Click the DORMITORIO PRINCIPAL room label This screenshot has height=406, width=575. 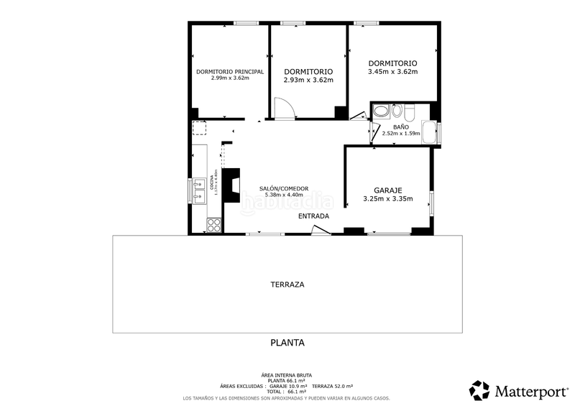coord(230,72)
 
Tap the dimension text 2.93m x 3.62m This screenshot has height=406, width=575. coord(308,80)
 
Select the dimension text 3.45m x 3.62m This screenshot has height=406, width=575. coord(392,71)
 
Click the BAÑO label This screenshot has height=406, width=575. coord(391,126)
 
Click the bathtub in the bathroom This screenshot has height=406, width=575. coord(429,133)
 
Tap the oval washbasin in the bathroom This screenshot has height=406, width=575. coord(397,111)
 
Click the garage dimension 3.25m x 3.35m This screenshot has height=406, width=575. coord(388,199)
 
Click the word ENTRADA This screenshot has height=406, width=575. coord(313,216)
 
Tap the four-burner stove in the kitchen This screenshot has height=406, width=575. coord(213,225)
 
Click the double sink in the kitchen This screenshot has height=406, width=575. coord(198,190)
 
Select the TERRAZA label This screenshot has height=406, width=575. coord(287,285)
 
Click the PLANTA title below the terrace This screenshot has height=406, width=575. coord(287,343)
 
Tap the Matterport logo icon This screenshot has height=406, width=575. coord(479,390)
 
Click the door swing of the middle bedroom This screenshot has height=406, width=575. coord(285,109)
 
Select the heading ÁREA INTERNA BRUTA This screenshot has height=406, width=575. coord(287,376)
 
